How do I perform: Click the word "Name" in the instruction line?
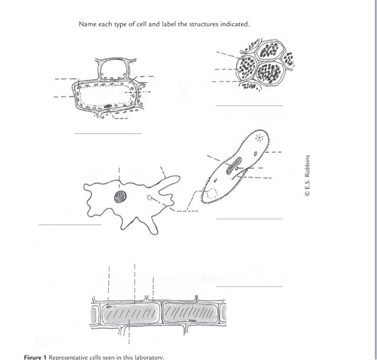(x=87, y=24)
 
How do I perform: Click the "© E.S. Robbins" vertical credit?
(x=307, y=175)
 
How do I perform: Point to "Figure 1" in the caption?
(x=36, y=357)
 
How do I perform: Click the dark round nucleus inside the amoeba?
(x=120, y=197)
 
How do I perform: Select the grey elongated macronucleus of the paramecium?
(x=233, y=167)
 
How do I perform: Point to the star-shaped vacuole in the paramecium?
(x=261, y=138)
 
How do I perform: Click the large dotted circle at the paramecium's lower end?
(x=210, y=193)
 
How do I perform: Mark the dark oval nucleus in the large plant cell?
(x=108, y=107)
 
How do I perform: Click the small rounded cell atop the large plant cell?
(x=111, y=69)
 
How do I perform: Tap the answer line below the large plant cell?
(x=108, y=133)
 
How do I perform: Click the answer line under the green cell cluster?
(x=249, y=105)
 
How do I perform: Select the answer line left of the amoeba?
(x=69, y=224)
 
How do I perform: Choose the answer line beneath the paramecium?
(x=249, y=219)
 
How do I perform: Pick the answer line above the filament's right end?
(x=249, y=287)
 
